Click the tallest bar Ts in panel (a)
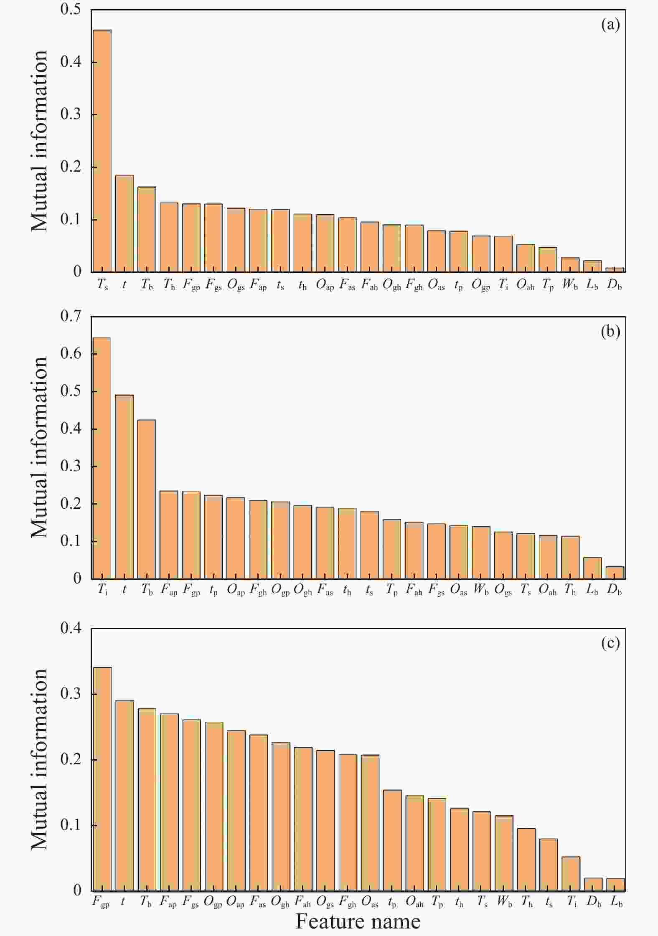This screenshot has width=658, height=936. pos(102,150)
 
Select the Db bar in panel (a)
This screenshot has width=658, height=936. pos(615,270)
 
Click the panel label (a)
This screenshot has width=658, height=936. pos(610,25)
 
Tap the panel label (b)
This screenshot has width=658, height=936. pos(610,331)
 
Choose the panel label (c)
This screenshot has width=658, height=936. pos(610,643)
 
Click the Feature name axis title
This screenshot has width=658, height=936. pos(358,921)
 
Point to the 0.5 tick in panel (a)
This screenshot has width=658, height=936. pos(71,9)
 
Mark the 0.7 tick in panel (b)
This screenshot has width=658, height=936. pos(71,316)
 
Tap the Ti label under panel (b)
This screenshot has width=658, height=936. pos(102,590)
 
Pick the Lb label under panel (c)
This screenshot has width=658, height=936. pos(616,902)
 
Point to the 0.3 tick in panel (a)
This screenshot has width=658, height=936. pos(71,114)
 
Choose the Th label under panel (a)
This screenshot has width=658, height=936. pos(169,285)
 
